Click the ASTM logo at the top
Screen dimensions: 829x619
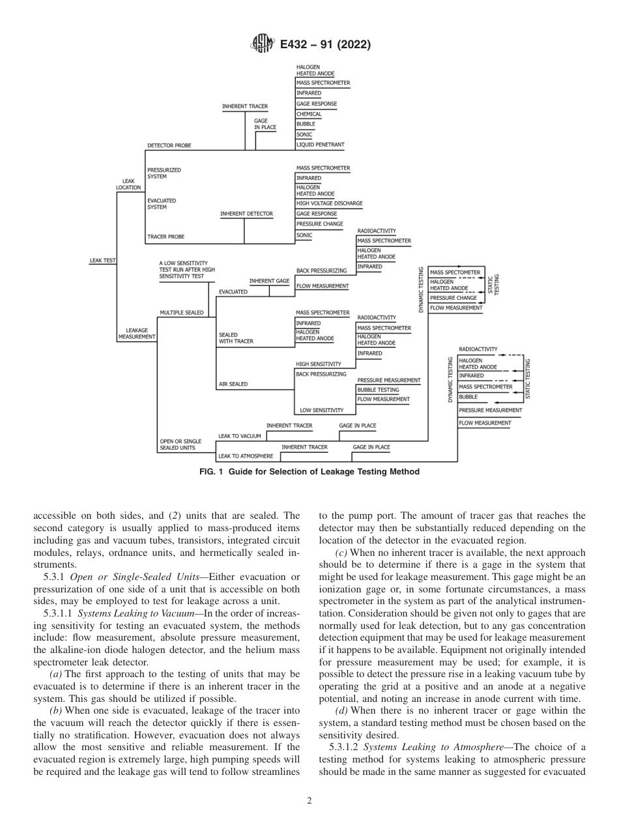click(x=263, y=44)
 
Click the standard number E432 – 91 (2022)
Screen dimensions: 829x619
click(x=325, y=45)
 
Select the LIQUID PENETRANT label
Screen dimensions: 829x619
click(x=320, y=145)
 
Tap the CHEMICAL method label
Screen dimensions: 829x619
click(x=309, y=114)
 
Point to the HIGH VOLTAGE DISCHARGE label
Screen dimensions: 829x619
click(x=329, y=203)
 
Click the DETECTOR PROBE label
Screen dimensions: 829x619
click(x=169, y=145)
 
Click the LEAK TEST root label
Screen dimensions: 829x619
click(x=102, y=260)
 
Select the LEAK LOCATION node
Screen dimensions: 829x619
click(x=128, y=184)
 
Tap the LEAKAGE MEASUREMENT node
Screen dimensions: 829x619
click(x=137, y=334)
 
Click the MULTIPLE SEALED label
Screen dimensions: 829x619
click(x=181, y=313)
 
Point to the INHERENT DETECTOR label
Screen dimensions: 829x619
click(x=246, y=214)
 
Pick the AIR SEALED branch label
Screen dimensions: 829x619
click(x=233, y=385)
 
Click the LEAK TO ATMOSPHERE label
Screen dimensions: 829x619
click(x=246, y=456)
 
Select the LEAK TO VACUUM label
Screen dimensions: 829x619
click(x=239, y=436)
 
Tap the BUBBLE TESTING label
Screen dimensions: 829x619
click(x=378, y=390)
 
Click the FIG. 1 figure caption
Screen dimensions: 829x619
click(x=309, y=472)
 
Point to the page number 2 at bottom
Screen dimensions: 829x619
click(x=309, y=801)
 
